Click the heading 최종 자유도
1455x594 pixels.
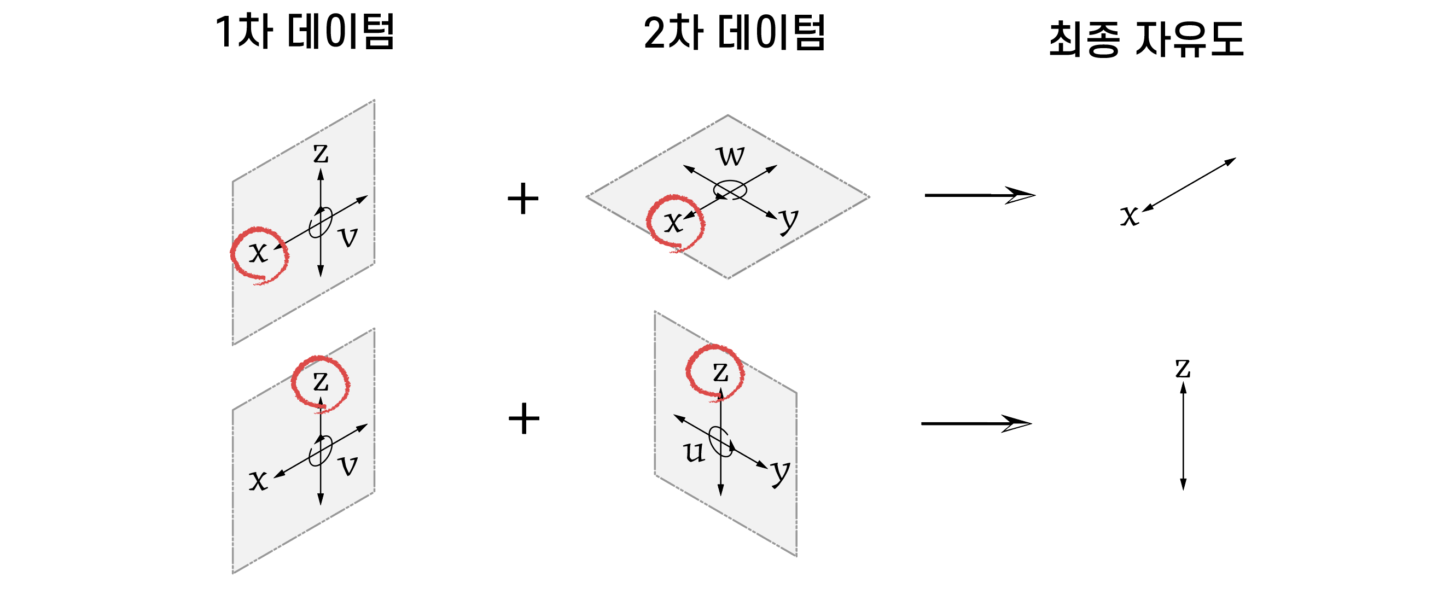pyautogui.click(x=1146, y=39)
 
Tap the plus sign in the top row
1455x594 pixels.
pyautogui.click(x=523, y=199)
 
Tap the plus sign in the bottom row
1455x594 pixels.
pyautogui.click(x=523, y=419)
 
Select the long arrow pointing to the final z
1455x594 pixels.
pyautogui.click(x=975, y=423)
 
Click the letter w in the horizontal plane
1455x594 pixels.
pyautogui.click(x=730, y=155)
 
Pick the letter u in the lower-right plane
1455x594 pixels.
pyautogui.click(x=694, y=452)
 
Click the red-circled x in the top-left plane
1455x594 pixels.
pyautogui.click(x=258, y=252)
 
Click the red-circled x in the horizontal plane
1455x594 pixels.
pyautogui.click(x=673, y=222)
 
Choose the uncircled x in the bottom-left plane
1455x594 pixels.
pyautogui.click(x=258, y=481)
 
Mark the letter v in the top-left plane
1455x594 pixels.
pyautogui.click(x=348, y=237)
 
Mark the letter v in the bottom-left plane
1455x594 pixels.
pyautogui.click(x=348, y=466)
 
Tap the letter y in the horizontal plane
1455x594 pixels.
pyautogui.click(x=789, y=220)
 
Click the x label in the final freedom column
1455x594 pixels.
pyautogui.click(x=1129, y=215)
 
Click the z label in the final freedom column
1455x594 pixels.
pyautogui.click(x=1183, y=369)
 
